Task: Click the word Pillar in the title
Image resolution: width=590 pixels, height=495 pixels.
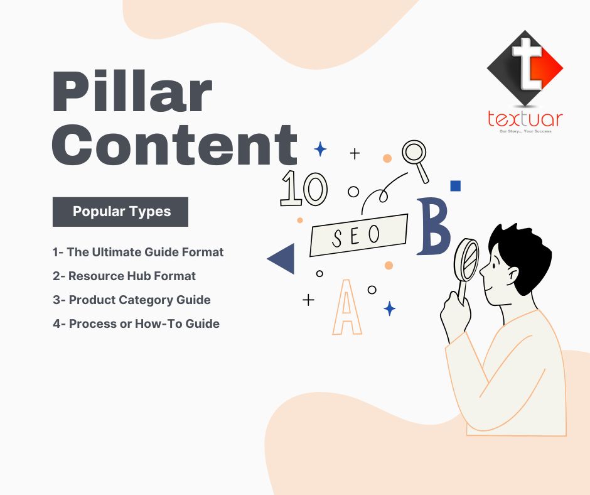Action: (132, 93)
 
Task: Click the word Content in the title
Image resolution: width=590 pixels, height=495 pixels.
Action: (174, 144)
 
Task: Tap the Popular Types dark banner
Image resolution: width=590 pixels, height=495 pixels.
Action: (121, 212)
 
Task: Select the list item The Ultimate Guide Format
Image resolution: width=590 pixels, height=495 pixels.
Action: (138, 252)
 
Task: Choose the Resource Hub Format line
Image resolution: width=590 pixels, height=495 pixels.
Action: (124, 276)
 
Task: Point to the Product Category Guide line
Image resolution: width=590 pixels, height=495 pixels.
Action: (132, 300)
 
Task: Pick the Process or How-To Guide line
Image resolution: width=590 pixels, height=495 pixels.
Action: (136, 324)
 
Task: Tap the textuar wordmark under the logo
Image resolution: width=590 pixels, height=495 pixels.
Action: (525, 119)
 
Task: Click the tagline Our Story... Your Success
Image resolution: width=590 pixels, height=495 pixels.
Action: (525, 131)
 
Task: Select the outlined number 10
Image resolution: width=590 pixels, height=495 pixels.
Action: (303, 188)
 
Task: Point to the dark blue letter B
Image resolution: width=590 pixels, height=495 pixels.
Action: (434, 227)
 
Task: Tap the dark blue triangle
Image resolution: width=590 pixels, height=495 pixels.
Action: (282, 259)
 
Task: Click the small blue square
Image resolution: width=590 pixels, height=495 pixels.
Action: (456, 185)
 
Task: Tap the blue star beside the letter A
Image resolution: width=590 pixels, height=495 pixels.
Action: (390, 308)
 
